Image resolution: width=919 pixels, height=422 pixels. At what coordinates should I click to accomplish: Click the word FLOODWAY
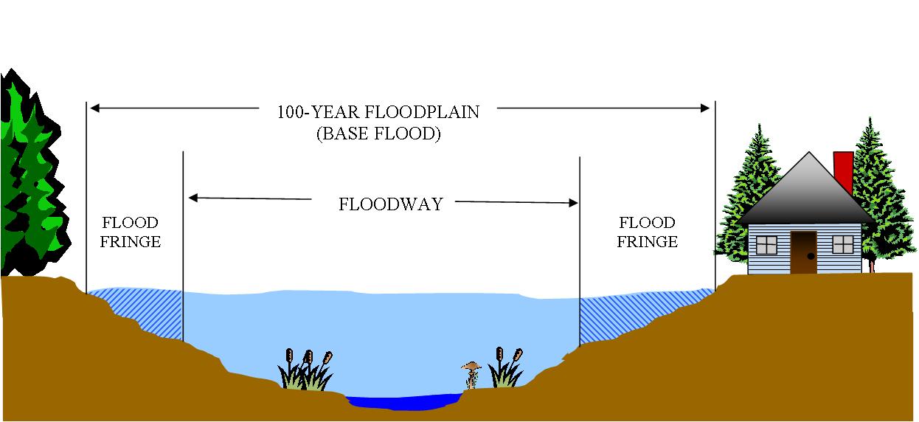click(x=391, y=204)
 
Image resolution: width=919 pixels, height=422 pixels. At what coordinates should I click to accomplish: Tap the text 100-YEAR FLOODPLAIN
click(x=378, y=112)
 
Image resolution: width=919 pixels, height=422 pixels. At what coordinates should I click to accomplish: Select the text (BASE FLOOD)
click(x=378, y=135)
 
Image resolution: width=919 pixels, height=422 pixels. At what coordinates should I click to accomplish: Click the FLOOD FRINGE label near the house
click(x=647, y=232)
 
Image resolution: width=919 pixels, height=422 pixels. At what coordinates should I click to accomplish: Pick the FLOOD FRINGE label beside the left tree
click(x=130, y=232)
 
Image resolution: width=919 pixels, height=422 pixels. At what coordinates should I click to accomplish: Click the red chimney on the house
click(x=842, y=171)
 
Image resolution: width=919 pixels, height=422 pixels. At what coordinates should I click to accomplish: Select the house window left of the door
click(x=766, y=244)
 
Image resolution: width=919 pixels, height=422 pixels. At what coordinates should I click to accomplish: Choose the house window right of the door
click(x=842, y=244)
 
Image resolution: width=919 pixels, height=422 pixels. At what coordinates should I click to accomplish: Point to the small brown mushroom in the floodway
click(x=471, y=372)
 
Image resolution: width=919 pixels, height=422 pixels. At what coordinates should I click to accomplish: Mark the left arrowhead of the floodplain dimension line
click(x=94, y=108)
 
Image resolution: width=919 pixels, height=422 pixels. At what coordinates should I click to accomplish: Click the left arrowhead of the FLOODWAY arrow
click(x=193, y=198)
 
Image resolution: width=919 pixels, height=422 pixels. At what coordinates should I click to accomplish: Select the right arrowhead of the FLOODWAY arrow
click(x=573, y=203)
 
